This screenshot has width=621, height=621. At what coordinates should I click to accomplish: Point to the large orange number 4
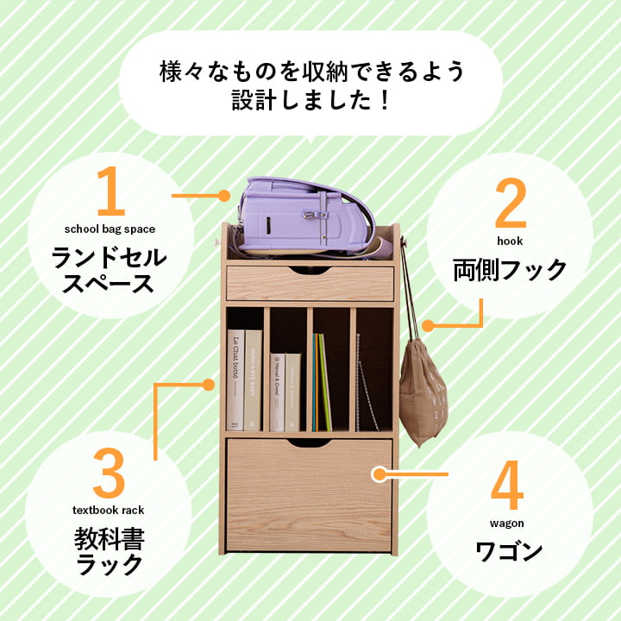point(507,487)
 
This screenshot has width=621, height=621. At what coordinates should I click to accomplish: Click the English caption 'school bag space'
point(110,229)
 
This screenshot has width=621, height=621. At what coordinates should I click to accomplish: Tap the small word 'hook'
point(510,241)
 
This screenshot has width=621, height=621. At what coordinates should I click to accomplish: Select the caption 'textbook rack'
point(110,511)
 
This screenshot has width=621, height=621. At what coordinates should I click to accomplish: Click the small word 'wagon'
point(508,523)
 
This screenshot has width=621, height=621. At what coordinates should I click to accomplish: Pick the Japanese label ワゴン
point(509,550)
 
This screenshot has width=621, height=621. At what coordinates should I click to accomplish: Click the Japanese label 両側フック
point(510,270)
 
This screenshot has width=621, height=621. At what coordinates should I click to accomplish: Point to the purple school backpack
point(306,216)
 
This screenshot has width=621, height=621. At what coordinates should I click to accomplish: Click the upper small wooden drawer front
point(310,284)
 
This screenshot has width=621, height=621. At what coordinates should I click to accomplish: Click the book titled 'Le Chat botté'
point(235,379)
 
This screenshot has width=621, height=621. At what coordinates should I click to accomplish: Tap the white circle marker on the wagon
point(377,474)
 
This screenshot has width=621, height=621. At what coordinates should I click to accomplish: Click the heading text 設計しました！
point(310,101)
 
